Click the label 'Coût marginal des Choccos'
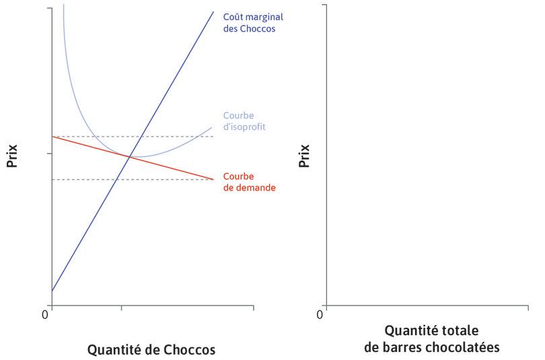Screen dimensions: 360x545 click(249, 24)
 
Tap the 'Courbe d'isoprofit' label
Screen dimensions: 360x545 click(244, 120)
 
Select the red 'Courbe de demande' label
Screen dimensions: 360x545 click(248, 182)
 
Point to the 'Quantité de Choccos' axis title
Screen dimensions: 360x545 click(151, 350)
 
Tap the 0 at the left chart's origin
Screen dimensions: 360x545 click(46, 314)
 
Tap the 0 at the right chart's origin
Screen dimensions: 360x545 click(320, 314)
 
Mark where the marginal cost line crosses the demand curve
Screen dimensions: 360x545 click(130, 157)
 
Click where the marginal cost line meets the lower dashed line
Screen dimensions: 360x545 click(117, 179)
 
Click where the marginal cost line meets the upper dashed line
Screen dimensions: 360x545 click(141, 137)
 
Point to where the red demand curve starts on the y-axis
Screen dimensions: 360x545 click(52, 137)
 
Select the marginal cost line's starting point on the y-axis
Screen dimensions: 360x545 click(52, 291)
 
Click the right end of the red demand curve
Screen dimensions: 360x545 click(213, 179)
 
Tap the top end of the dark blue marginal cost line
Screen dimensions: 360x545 click(213, 11)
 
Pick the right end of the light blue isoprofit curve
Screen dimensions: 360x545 click(212, 127)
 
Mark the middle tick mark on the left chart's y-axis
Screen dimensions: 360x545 click(49, 154)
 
